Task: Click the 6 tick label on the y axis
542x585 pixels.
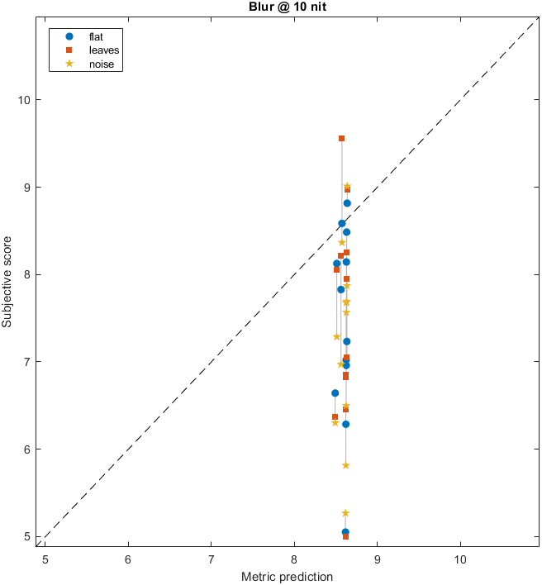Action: pos(29,449)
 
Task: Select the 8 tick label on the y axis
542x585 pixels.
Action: pos(29,274)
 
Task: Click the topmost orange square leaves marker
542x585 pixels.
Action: pos(341,138)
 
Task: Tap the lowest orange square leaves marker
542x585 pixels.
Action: pos(345,537)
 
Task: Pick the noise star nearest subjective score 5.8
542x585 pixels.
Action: pos(345,465)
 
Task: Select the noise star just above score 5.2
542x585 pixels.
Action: pos(345,513)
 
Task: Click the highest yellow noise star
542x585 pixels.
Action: pos(347,186)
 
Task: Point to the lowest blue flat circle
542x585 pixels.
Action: pos(345,532)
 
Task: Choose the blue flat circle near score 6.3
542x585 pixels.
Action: pos(345,424)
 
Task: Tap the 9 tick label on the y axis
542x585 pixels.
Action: pos(29,187)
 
